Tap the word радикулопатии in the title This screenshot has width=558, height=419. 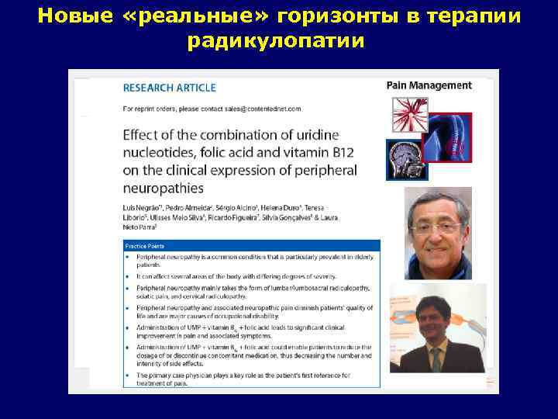(x=275, y=41)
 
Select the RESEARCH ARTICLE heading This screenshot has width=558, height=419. (x=170, y=88)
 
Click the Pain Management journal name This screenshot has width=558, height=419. (x=429, y=86)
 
